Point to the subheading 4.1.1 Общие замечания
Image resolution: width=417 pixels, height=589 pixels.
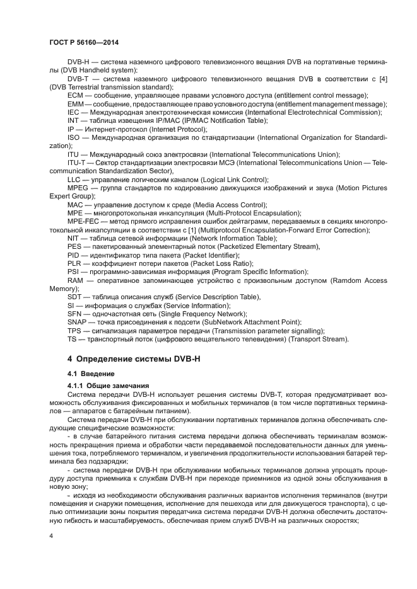point(108,386)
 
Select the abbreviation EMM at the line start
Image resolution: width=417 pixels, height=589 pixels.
point(76,103)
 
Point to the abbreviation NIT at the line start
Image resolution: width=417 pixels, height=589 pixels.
point(74,238)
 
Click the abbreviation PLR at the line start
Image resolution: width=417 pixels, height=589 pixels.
point(74,263)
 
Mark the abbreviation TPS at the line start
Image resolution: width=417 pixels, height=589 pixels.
point(74,331)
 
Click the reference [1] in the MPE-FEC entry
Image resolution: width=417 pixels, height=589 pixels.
point(176,230)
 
